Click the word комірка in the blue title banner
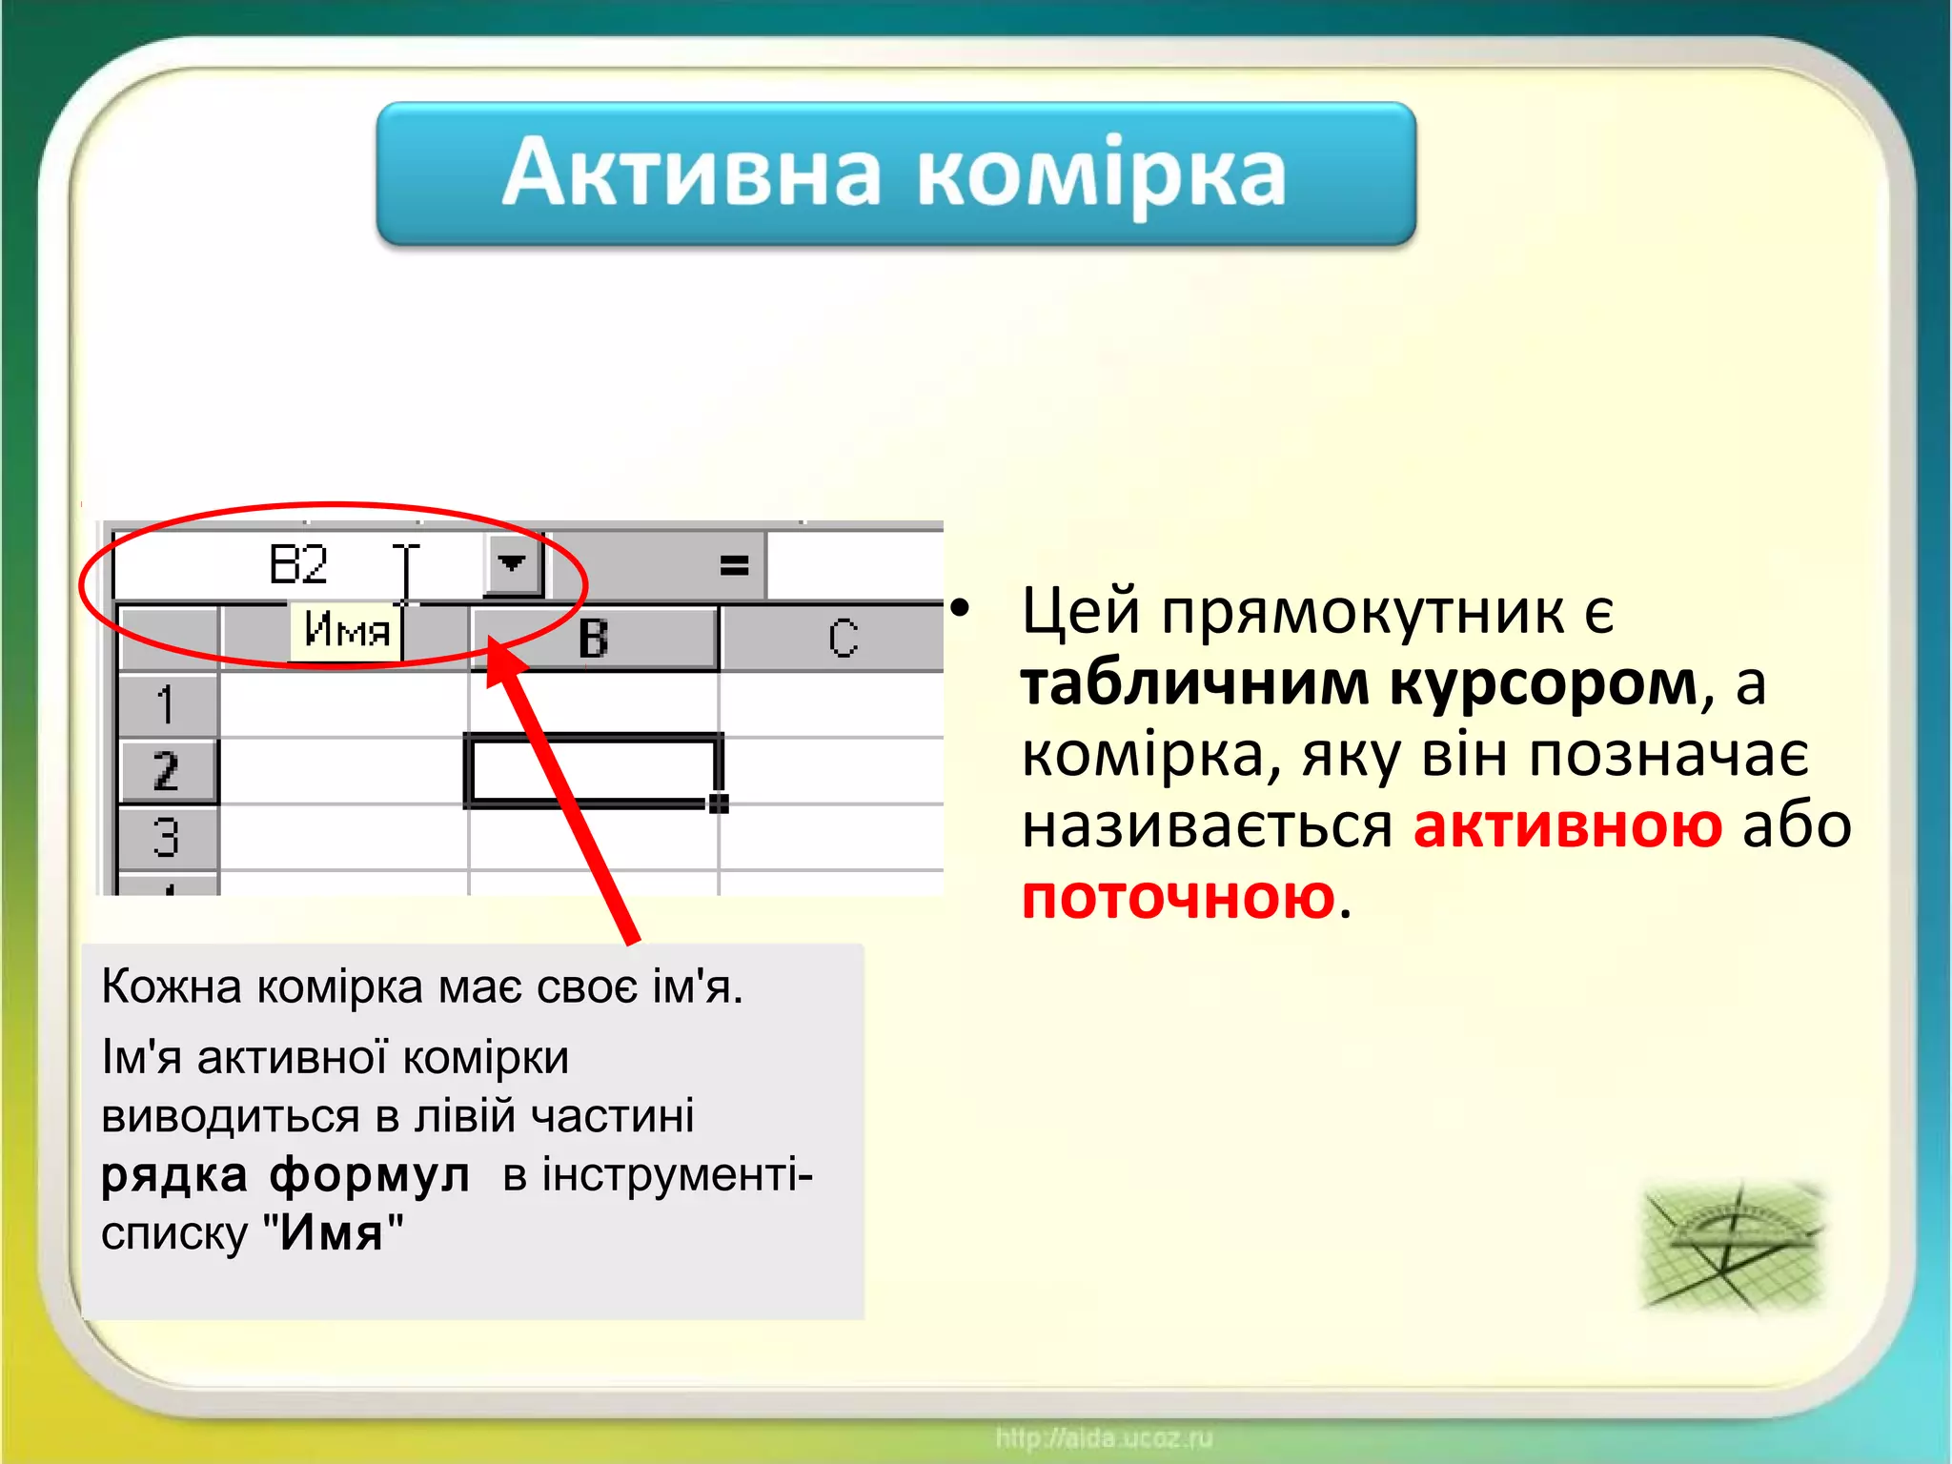pos(1101,174)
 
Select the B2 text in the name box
pos(298,564)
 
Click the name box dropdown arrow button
pos(512,564)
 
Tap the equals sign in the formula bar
pos(733,566)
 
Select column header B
pos(593,639)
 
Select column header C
pos(843,639)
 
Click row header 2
pos(166,771)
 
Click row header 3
pos(166,838)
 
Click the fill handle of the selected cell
pos(719,803)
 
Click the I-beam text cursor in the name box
pos(407,572)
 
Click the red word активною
pos(1567,825)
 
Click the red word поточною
pos(1178,897)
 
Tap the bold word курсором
pos(1544,683)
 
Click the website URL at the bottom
pos(1104,1437)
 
